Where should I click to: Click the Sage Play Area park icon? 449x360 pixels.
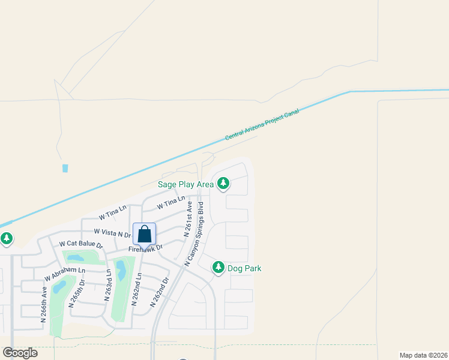[223, 183]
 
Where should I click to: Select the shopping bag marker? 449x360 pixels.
[145, 234]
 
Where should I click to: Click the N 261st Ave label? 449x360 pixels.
[187, 220]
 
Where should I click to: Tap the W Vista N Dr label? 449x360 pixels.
[112, 232]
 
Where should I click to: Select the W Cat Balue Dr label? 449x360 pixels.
[80, 245]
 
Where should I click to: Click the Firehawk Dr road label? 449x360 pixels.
[146, 248]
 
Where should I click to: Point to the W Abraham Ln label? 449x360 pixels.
[65, 274]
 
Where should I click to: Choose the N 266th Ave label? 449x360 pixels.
[43, 304]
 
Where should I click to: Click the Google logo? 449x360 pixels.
[20, 352]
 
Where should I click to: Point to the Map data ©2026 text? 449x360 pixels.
[423, 355]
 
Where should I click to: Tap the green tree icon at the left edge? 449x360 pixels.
[7, 239]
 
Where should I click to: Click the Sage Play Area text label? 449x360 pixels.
[185, 184]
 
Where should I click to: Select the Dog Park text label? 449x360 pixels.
[244, 269]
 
